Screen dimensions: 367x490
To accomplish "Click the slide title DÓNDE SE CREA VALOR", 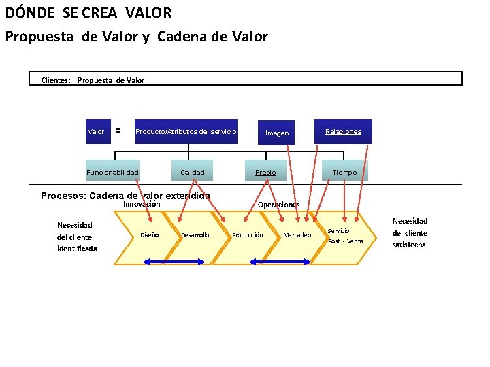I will [88, 13].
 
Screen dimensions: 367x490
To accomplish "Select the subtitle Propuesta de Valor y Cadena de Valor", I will [136, 37].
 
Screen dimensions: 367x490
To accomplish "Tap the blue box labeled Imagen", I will [277, 133].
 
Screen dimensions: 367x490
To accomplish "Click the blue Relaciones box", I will [343, 131].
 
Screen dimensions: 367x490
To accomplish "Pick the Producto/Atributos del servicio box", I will [186, 131].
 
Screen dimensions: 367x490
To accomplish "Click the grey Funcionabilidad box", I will [112, 172].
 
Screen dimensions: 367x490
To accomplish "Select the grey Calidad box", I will [192, 172].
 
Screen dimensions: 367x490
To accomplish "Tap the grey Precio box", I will [265, 172].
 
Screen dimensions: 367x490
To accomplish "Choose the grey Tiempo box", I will [344, 172].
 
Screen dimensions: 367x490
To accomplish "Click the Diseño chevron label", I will [149, 235].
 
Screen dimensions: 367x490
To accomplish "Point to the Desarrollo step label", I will [195, 235].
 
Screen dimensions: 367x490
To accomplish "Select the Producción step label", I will [248, 235].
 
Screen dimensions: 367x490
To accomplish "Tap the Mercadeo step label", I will [297, 235].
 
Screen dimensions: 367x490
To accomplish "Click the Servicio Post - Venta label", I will [345, 236].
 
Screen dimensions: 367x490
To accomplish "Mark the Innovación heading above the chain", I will [142, 204].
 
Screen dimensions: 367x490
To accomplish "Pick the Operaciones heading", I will [279, 205].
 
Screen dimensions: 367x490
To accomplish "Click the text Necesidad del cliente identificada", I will [76, 237].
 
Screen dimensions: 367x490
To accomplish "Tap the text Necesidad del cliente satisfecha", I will [410, 232].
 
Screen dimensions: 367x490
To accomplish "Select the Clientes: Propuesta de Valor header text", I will [93, 80].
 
